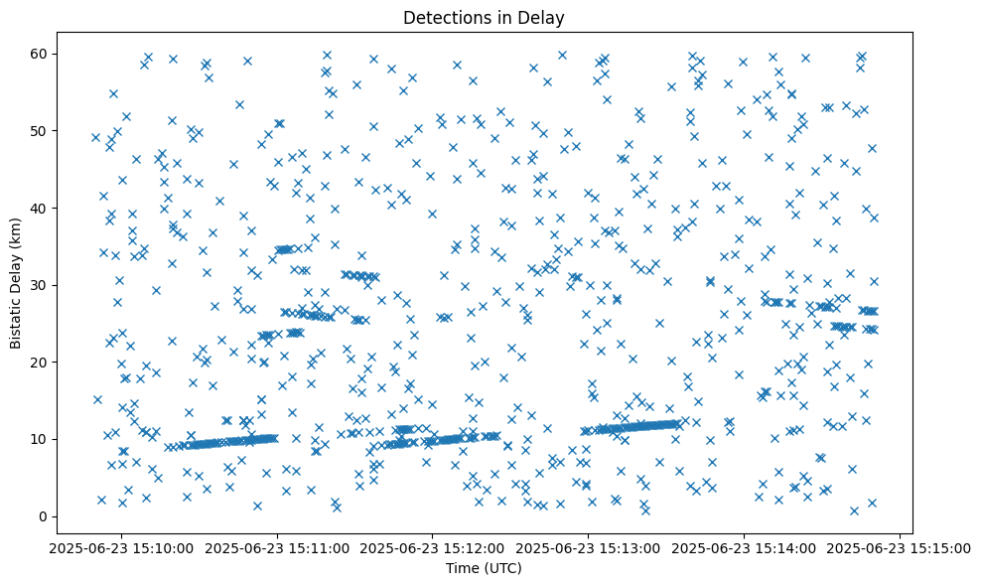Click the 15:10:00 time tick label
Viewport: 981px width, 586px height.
121,548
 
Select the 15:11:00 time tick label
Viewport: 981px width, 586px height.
277,548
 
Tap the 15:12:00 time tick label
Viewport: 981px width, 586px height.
433,548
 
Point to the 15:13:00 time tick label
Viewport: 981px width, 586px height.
589,548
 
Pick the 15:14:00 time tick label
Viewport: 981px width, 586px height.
745,548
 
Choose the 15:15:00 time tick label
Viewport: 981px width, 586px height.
901,548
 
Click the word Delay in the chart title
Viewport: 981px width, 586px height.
544,17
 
